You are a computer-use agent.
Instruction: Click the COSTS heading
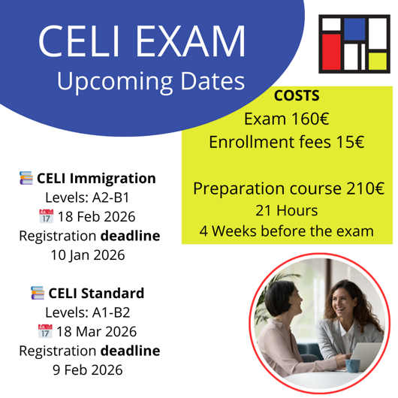pyautogui.click(x=297, y=95)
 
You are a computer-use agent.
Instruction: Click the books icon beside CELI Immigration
pyautogui.click(x=26, y=179)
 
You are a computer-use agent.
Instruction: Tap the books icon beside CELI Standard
pyautogui.click(x=37, y=292)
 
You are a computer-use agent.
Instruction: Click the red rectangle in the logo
pyautogui.click(x=331, y=53)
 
